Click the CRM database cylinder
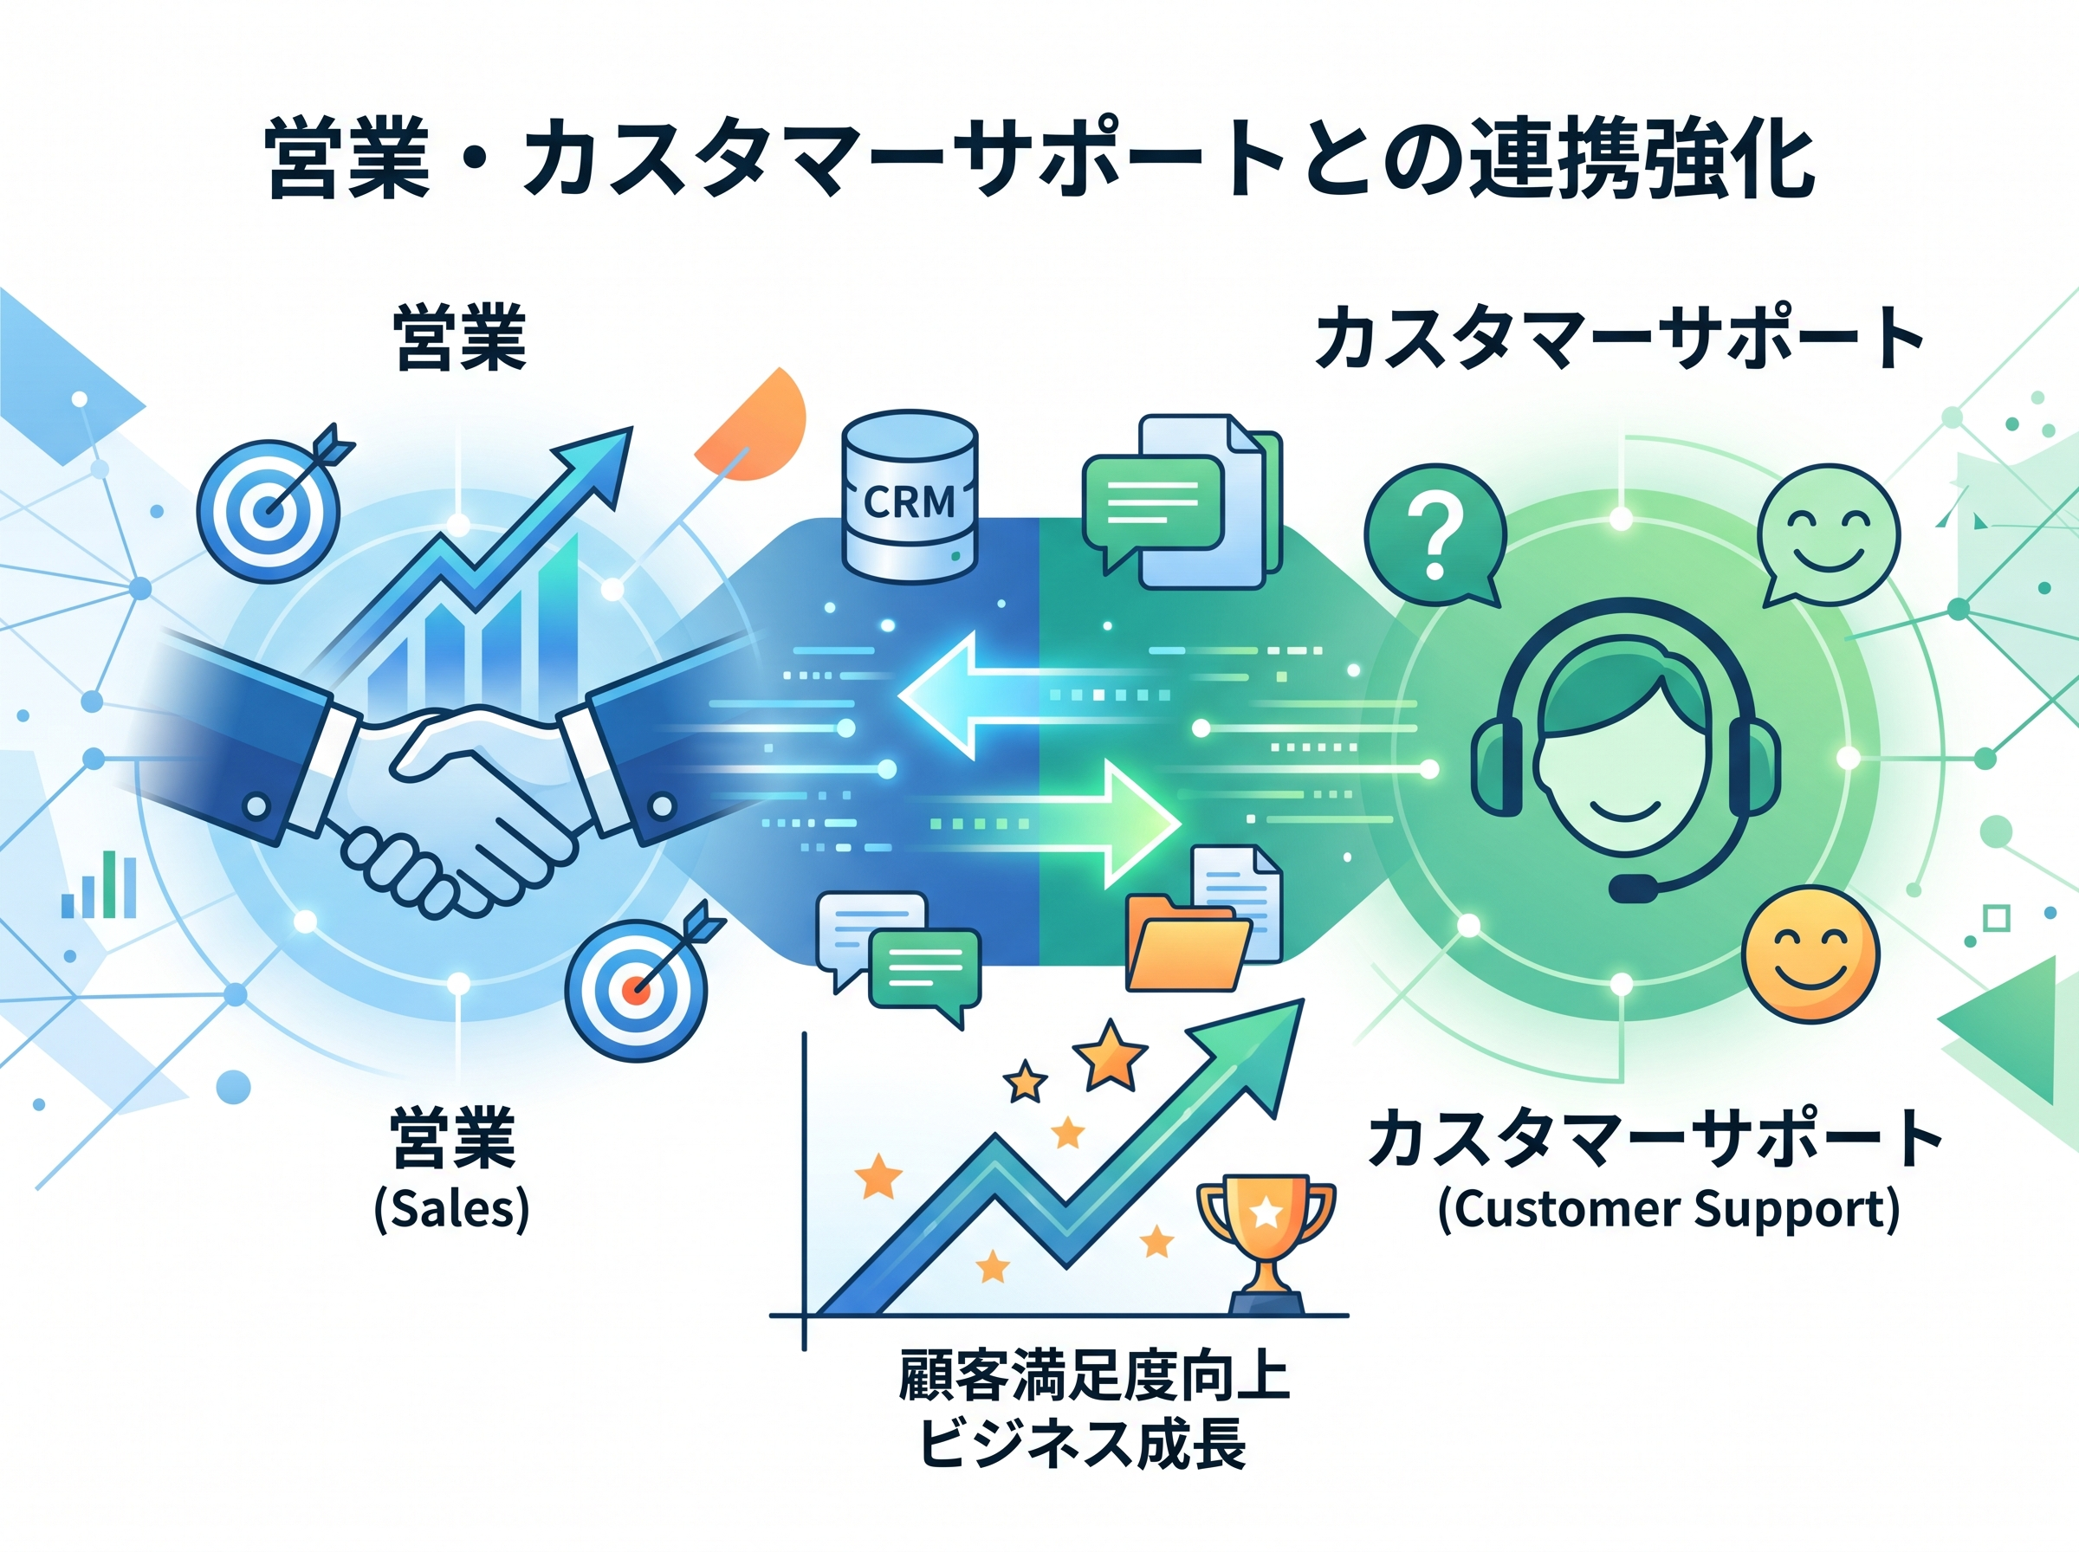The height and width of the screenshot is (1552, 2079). [x=910, y=496]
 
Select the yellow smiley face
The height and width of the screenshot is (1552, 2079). [x=1810, y=954]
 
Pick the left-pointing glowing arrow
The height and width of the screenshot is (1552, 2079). [x=977, y=695]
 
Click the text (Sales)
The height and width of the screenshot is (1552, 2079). [x=452, y=1209]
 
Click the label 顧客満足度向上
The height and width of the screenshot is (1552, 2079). [x=1094, y=1377]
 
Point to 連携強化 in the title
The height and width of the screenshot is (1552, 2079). [x=1642, y=158]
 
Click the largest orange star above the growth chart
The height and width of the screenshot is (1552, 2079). [x=1111, y=1056]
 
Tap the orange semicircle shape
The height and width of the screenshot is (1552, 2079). [x=756, y=428]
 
